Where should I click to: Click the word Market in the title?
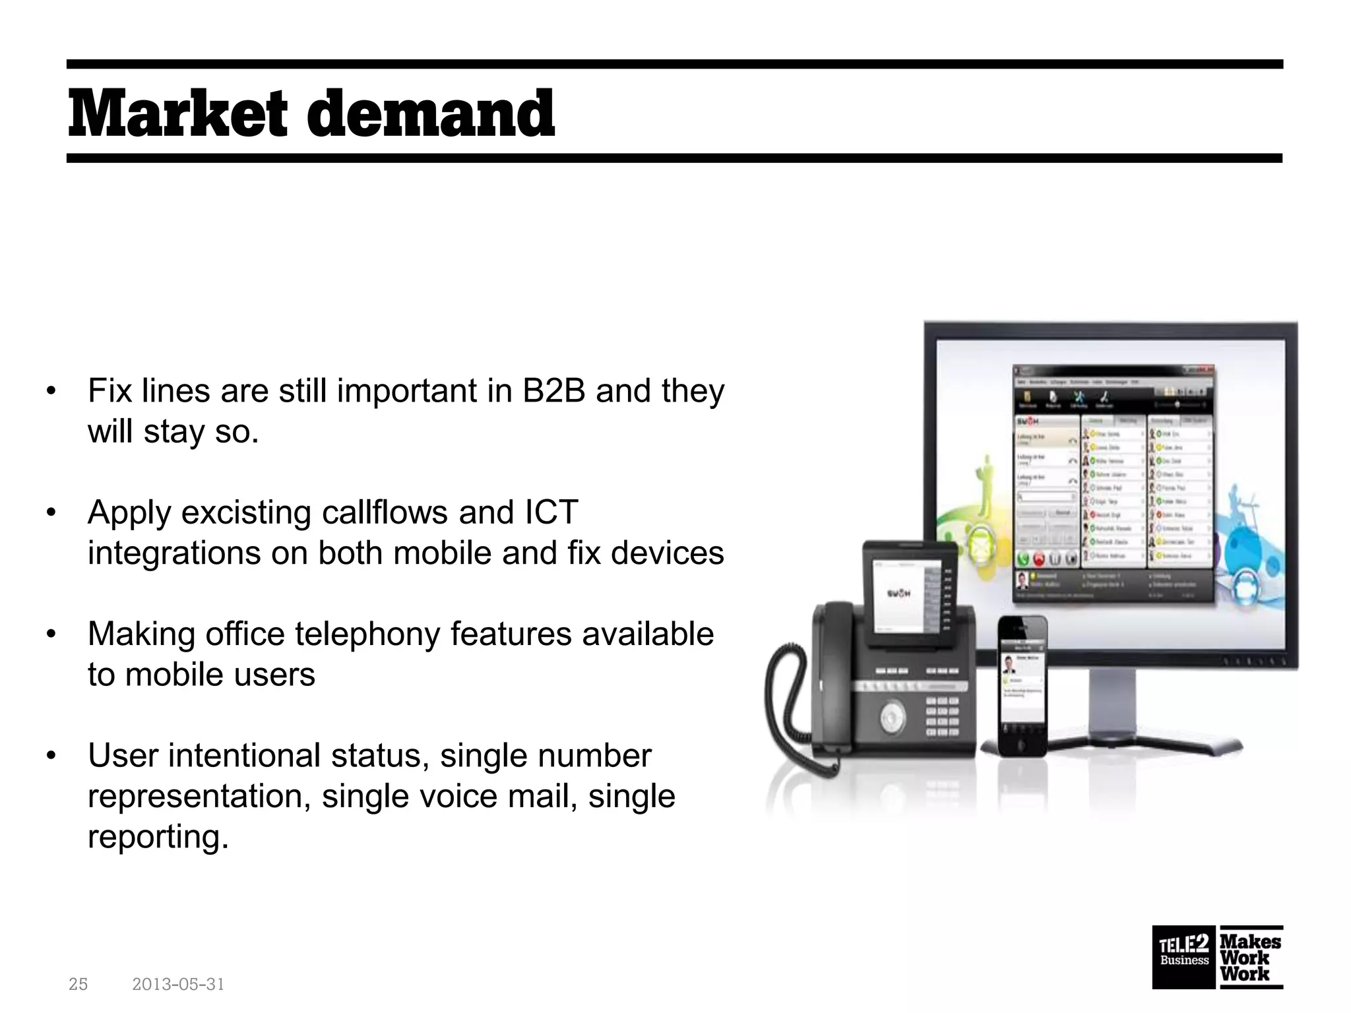coord(177,115)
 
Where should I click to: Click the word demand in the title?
coord(431,115)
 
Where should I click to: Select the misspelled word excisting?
coord(245,512)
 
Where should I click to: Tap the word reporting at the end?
coord(158,837)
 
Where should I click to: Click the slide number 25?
coord(78,985)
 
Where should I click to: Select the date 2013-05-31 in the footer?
coord(178,985)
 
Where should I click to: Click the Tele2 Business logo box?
coord(1184,958)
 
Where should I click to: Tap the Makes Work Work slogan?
coord(1249,958)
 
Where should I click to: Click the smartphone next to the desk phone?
coord(1021,686)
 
